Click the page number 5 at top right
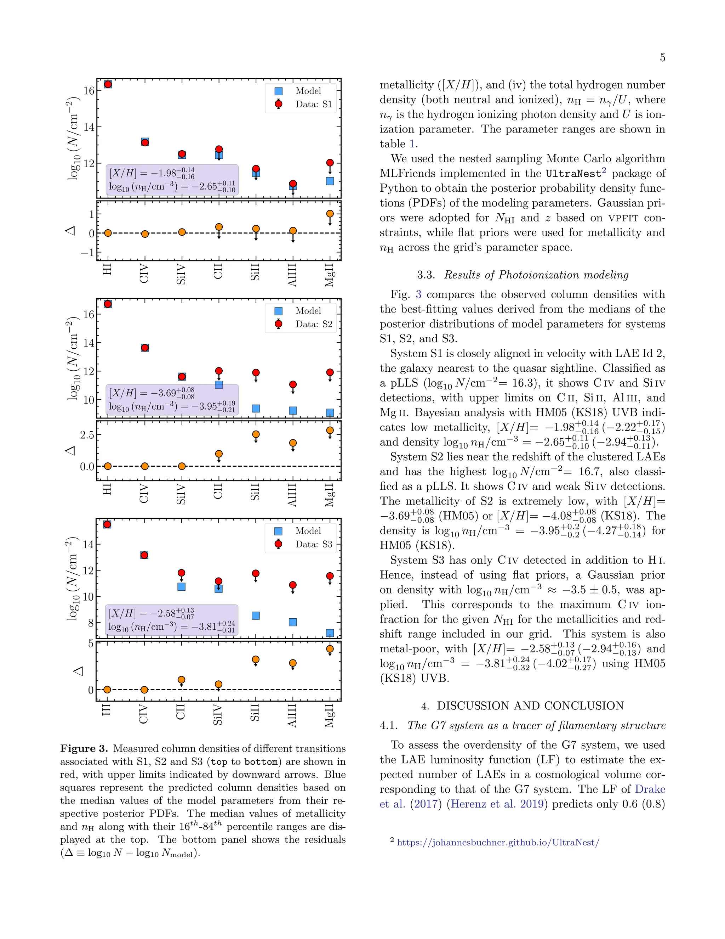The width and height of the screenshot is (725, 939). [x=662, y=58]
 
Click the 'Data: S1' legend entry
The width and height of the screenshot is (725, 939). [x=314, y=104]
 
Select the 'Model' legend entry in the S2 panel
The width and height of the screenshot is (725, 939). [x=308, y=310]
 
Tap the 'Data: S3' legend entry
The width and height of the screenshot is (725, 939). [x=314, y=544]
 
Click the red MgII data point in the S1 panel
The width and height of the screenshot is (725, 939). [x=330, y=163]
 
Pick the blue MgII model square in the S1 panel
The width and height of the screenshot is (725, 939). [x=330, y=181]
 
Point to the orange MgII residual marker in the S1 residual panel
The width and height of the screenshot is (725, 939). [x=330, y=214]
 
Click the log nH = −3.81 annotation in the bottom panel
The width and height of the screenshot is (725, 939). [x=171, y=626]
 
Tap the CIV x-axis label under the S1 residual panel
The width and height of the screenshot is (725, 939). [x=144, y=274]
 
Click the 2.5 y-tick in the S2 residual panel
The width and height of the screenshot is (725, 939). [x=87, y=435]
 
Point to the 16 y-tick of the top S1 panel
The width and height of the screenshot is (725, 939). [x=89, y=91]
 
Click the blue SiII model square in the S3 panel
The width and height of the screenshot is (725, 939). [x=256, y=616]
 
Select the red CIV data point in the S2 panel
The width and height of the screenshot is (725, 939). [x=145, y=347]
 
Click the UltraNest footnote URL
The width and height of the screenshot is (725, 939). [x=498, y=842]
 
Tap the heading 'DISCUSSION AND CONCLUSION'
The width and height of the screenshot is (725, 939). [x=530, y=705]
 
